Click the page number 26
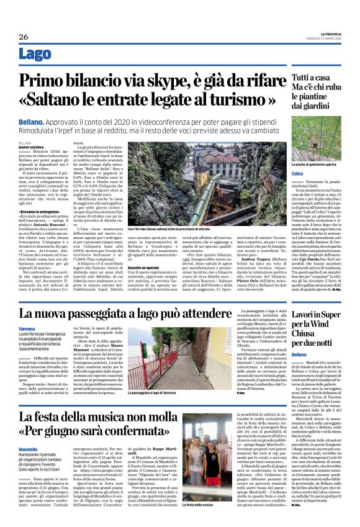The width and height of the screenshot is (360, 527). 24,37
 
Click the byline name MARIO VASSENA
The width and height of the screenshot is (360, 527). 32,146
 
